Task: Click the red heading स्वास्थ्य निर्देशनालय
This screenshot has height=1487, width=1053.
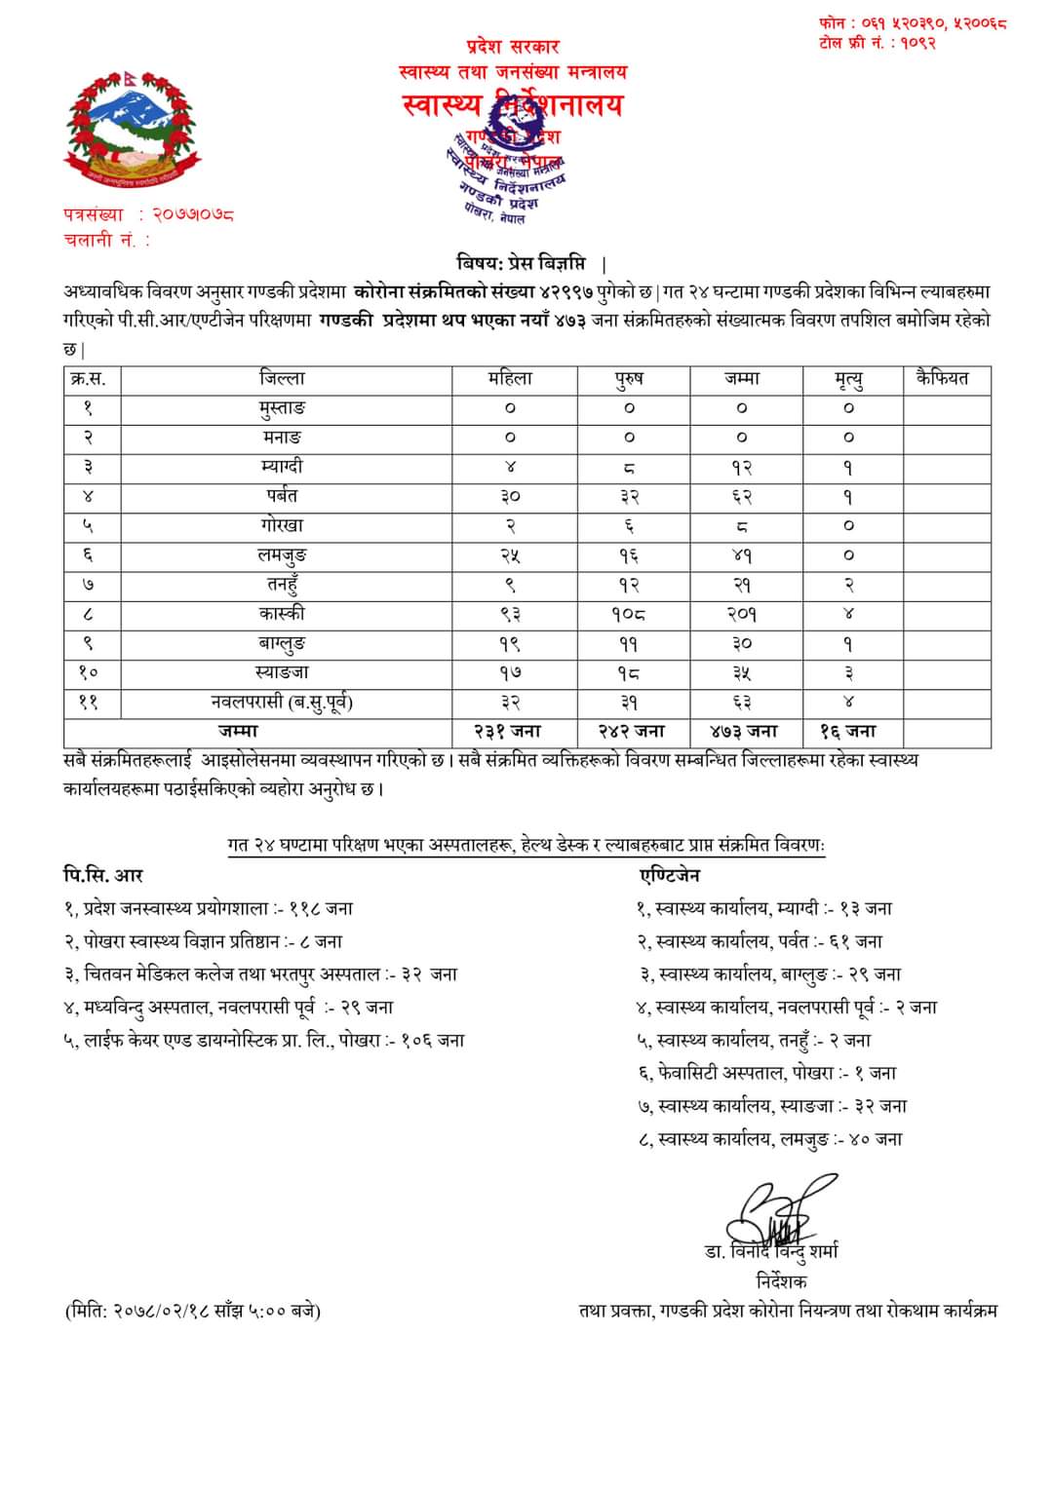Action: [513, 105]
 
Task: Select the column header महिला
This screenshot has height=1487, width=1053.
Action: [511, 378]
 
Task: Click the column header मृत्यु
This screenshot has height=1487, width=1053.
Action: [848, 378]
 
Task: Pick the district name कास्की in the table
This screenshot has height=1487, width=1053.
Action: [282, 613]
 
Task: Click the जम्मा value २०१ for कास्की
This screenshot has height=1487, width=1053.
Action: [743, 614]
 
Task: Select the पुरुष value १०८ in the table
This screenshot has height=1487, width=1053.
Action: [629, 614]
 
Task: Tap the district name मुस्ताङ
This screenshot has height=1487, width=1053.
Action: [282, 407]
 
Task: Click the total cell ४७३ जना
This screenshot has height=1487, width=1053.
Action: [743, 731]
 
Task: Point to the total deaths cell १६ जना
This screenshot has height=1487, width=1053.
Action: [848, 731]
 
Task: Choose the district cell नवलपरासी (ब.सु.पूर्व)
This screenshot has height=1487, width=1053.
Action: [282, 702]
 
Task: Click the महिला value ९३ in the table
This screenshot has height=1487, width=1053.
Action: [511, 614]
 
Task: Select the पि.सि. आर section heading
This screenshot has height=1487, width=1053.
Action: [103, 875]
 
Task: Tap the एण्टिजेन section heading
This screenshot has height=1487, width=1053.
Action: [670, 875]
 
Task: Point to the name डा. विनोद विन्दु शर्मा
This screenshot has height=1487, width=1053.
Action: [771, 1250]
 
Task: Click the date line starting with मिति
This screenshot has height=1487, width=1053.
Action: [192, 1311]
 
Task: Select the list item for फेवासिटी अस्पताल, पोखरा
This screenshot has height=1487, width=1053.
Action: [766, 1073]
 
